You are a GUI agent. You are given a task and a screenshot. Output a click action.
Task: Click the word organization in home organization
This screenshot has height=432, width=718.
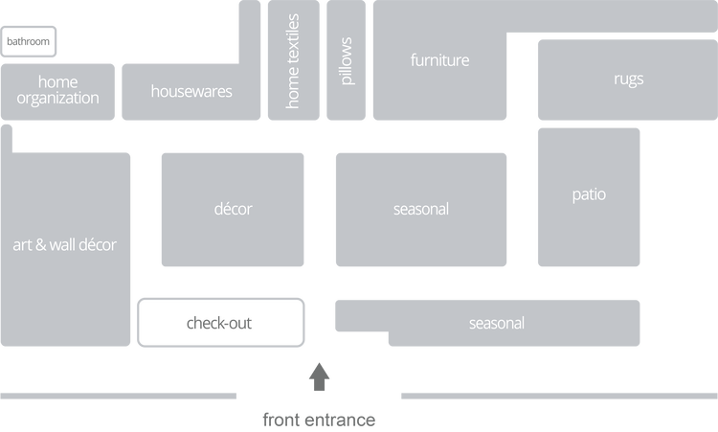pyautogui.click(x=57, y=98)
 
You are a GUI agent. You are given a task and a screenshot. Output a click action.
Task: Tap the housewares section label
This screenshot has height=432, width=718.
pyautogui.click(x=191, y=92)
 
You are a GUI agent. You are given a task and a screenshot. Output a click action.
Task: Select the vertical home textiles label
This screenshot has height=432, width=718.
pyautogui.click(x=293, y=60)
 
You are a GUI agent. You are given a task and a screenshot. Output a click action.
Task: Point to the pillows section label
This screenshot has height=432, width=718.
pyautogui.click(x=346, y=60)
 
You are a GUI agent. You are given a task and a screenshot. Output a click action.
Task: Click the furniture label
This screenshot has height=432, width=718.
pyautogui.click(x=439, y=60)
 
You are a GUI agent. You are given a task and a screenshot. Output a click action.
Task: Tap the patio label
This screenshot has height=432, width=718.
pyautogui.click(x=589, y=194)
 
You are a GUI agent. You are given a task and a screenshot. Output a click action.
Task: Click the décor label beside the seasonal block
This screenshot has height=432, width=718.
pyautogui.click(x=234, y=209)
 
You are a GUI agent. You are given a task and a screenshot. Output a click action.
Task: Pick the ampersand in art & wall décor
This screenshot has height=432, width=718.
pyautogui.click(x=43, y=245)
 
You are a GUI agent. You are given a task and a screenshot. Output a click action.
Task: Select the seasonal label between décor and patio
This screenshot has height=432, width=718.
pyautogui.click(x=420, y=209)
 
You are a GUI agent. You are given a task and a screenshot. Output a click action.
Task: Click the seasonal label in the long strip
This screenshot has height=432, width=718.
pyautogui.click(x=496, y=323)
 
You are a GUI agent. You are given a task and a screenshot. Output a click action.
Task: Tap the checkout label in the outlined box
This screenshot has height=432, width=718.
pyautogui.click(x=219, y=323)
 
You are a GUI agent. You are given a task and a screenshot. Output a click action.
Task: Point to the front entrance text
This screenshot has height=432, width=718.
pyautogui.click(x=319, y=419)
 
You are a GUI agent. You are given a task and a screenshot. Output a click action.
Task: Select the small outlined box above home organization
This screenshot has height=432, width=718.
pyautogui.click(x=29, y=41)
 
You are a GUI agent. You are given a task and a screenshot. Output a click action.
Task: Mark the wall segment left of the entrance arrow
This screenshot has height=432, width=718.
pyautogui.click(x=119, y=396)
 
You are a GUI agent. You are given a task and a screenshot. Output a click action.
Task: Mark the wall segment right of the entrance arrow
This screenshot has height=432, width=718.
pyautogui.click(x=557, y=396)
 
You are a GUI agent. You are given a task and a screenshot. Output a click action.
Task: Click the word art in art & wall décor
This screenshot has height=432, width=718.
pyautogui.click(x=23, y=245)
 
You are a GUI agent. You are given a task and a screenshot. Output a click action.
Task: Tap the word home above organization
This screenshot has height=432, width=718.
pyautogui.click(x=57, y=82)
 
